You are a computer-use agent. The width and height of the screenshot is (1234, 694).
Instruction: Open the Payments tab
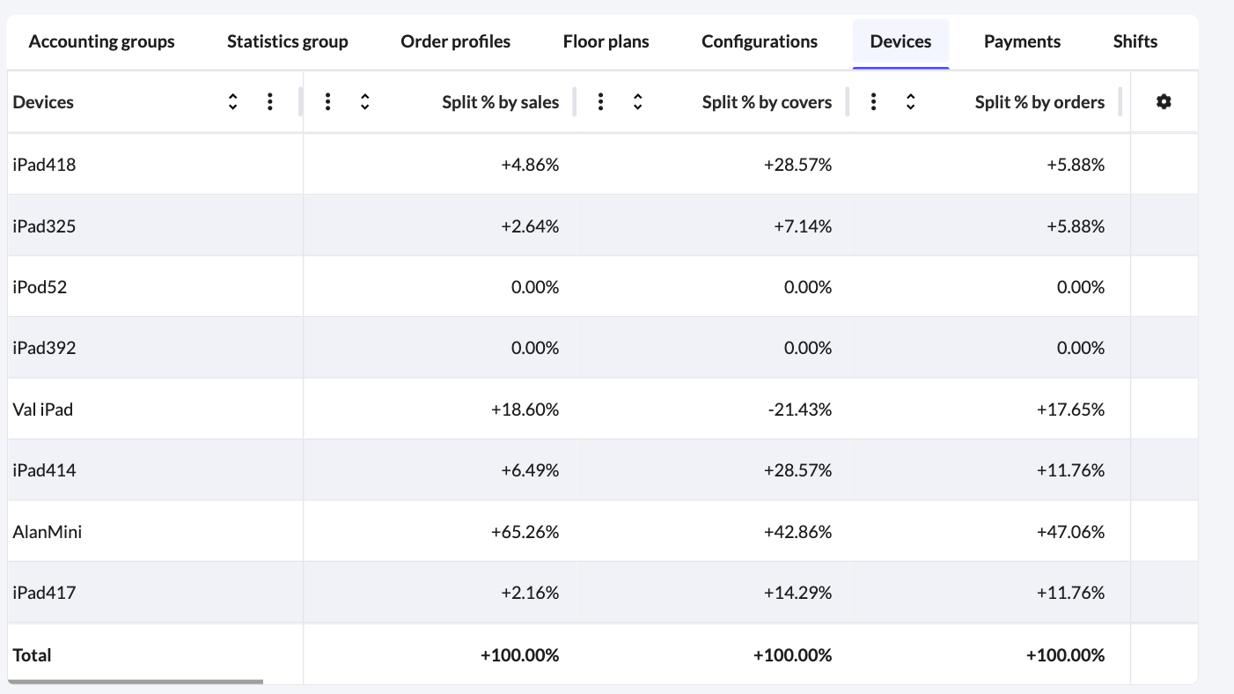click(x=1022, y=41)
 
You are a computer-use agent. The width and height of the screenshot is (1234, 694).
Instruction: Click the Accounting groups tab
click(x=101, y=41)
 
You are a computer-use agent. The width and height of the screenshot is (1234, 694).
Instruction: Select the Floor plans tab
click(x=606, y=41)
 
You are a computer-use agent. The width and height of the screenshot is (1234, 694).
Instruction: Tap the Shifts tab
click(x=1135, y=41)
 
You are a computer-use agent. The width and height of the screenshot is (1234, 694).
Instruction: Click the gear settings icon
click(x=1164, y=102)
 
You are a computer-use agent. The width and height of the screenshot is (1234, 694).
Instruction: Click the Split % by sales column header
click(x=500, y=102)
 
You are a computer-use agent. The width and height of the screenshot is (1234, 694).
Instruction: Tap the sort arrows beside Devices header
click(x=232, y=102)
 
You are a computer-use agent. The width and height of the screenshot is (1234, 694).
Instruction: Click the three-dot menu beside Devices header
click(x=269, y=102)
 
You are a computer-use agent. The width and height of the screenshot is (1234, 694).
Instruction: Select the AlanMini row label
click(x=48, y=532)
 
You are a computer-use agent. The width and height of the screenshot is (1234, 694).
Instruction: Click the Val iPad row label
click(x=42, y=410)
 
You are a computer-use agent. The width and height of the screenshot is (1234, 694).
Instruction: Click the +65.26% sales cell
click(x=530, y=532)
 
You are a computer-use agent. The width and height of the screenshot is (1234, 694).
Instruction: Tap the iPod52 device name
click(x=40, y=287)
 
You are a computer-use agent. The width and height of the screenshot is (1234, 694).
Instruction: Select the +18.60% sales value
click(x=530, y=410)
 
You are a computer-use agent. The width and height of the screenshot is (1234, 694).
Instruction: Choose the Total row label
click(x=32, y=655)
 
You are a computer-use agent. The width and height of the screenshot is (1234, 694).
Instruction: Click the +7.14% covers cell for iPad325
click(x=803, y=226)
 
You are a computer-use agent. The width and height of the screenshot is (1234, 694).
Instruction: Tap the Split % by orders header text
click(x=1039, y=102)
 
